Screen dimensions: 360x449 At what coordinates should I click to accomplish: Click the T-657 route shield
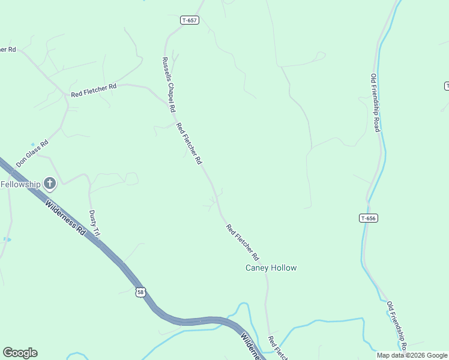click(189, 20)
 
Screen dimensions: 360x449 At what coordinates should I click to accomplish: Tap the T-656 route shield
click(369, 218)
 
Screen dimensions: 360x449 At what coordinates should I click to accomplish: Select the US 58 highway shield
click(140, 292)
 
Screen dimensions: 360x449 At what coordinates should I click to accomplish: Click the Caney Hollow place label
click(271, 268)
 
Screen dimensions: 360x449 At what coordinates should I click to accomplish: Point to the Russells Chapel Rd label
click(168, 85)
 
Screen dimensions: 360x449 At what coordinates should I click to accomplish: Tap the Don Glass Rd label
click(32, 154)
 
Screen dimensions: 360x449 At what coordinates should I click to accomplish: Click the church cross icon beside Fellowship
click(50, 183)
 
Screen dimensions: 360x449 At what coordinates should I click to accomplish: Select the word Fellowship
click(20, 184)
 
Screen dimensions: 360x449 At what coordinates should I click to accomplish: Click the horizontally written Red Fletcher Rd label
click(93, 91)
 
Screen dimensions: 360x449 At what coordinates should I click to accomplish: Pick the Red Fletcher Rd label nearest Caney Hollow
click(242, 241)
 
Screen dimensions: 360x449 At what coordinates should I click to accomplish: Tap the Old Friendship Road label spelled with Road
click(375, 103)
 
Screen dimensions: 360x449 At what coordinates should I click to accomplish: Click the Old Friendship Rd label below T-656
click(397, 326)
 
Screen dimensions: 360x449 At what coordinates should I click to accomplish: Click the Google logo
click(20, 353)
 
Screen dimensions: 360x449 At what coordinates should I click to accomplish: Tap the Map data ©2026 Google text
click(412, 355)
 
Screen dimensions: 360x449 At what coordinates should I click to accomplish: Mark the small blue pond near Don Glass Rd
click(32, 144)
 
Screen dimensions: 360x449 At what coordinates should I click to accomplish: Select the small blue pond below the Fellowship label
click(7, 239)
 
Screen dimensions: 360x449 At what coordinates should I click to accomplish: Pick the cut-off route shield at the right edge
click(446, 86)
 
